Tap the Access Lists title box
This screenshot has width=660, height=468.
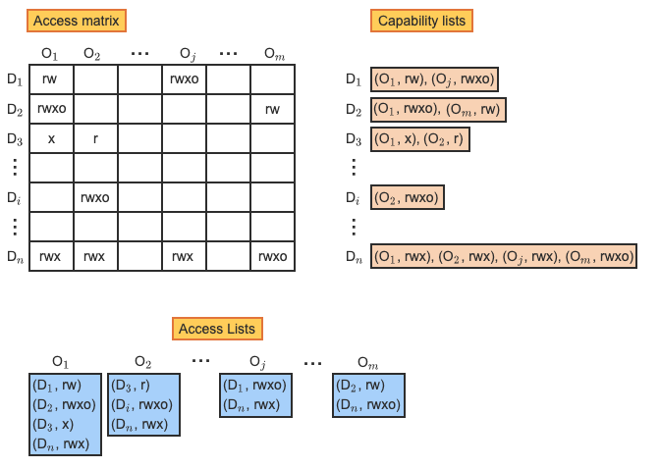click(x=218, y=329)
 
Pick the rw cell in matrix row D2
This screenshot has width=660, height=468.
click(x=272, y=109)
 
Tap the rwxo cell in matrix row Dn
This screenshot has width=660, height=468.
click(x=272, y=257)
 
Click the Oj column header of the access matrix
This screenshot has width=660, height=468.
click(x=184, y=53)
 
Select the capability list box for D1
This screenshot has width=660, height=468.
click(x=435, y=79)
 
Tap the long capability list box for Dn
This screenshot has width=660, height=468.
click(x=503, y=257)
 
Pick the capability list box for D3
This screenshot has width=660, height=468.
click(x=420, y=139)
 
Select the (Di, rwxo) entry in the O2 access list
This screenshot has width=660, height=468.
click(x=143, y=404)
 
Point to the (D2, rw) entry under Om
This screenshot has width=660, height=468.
click(x=360, y=385)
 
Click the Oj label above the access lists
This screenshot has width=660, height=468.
click(x=257, y=361)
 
